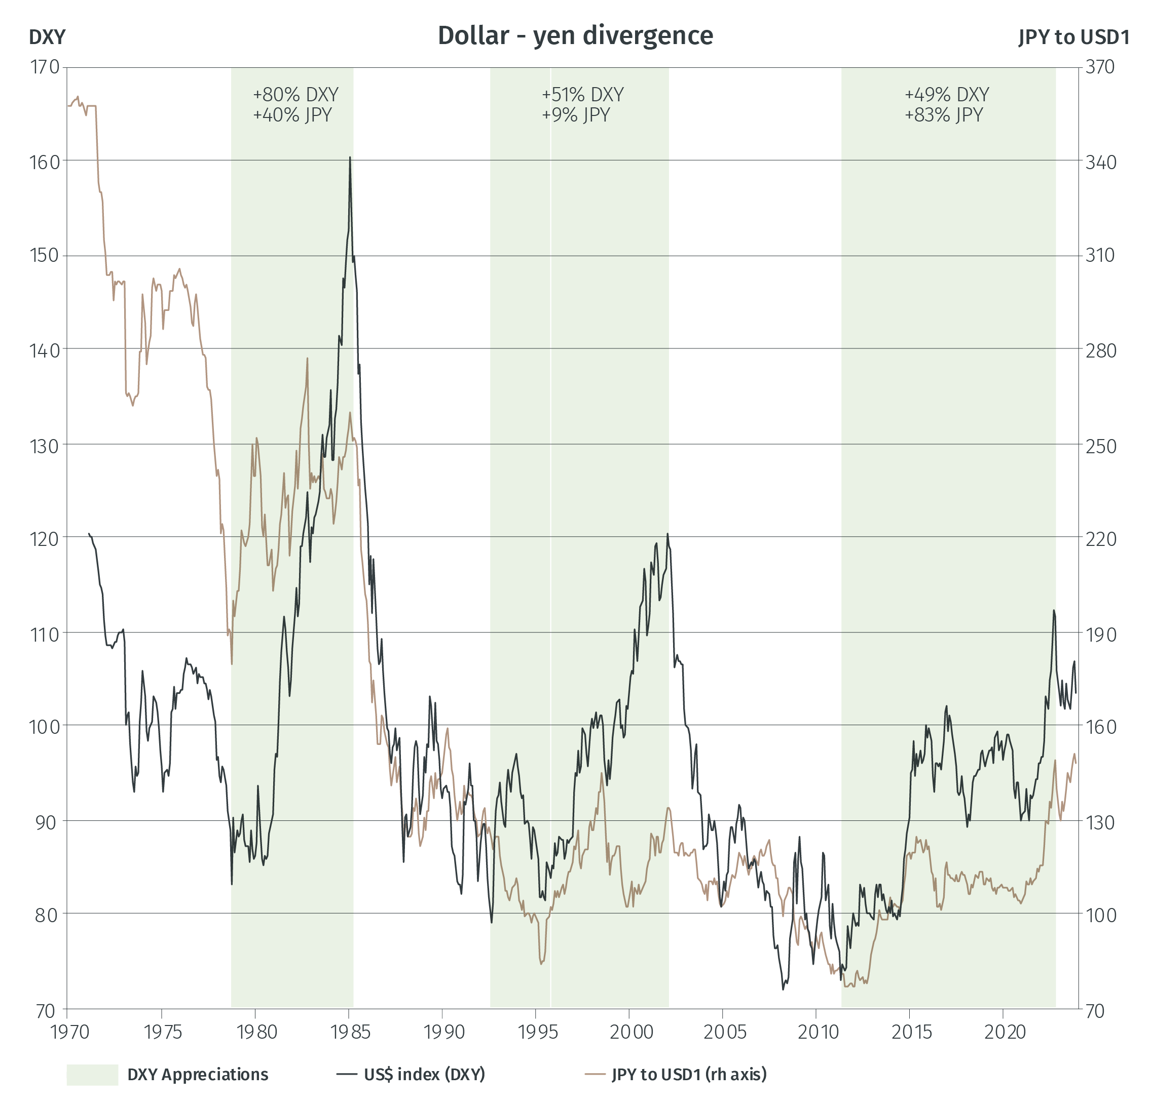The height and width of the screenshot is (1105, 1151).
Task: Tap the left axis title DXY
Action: point(47,37)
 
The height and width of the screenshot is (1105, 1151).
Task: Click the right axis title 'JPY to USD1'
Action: point(1073,37)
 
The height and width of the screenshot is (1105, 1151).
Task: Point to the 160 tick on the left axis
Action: point(45,162)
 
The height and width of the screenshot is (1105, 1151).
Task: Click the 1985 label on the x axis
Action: point(350,1031)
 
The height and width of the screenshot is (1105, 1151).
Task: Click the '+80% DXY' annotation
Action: point(295,95)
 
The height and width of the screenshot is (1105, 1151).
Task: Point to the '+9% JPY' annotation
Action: point(576,115)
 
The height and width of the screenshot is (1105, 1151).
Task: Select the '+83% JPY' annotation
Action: point(943,115)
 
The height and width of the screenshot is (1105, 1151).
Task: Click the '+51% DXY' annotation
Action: point(582,95)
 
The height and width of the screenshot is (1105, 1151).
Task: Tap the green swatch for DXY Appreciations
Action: point(92,1075)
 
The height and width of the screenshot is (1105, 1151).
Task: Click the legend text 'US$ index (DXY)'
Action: point(424,1075)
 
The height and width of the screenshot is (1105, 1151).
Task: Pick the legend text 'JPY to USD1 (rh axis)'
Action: point(689,1075)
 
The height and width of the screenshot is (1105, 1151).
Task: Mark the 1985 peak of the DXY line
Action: point(350,158)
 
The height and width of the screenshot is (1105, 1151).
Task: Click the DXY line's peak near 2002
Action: point(667,534)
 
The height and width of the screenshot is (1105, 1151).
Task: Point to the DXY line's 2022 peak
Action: point(1054,611)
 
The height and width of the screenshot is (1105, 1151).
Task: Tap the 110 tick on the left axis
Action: point(45,634)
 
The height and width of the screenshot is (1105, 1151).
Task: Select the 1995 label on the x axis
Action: point(537,1031)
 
